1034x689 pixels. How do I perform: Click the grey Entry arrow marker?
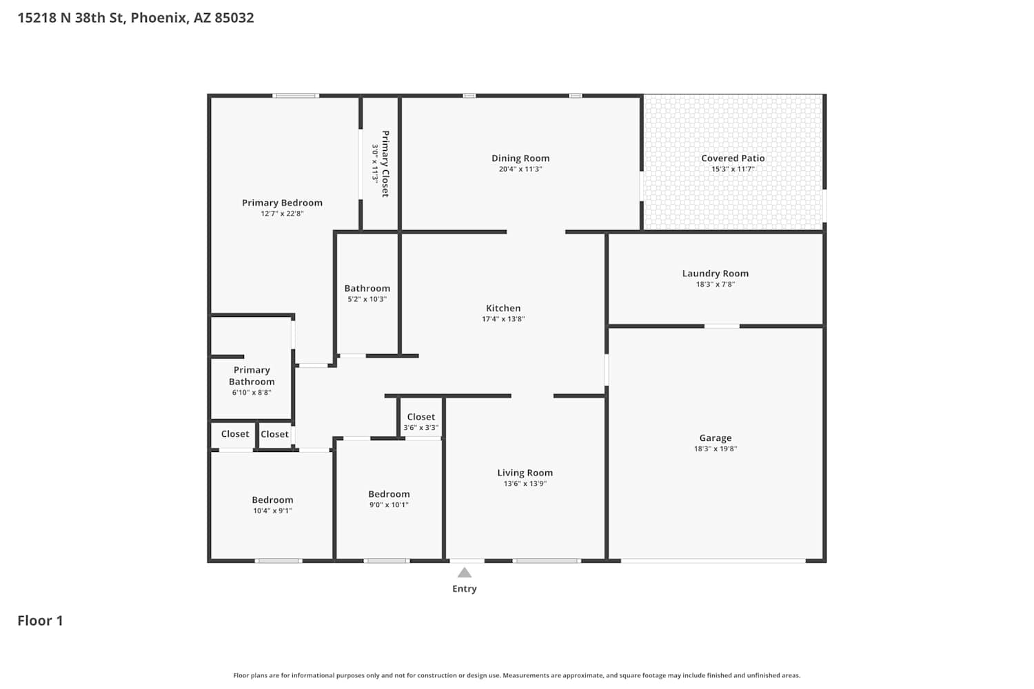click(465, 573)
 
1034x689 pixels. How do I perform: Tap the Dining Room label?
click(520, 158)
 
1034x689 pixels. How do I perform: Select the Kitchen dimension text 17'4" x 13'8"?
click(503, 319)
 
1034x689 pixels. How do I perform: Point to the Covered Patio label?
click(733, 158)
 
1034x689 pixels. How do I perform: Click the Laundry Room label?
click(716, 274)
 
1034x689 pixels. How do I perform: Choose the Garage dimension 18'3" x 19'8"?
click(716, 449)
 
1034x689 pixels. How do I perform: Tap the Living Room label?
click(525, 473)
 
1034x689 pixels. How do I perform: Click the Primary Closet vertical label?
click(385, 164)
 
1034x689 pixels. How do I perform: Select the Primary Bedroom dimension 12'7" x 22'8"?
click(282, 213)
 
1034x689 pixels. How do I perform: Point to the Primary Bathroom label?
click(252, 376)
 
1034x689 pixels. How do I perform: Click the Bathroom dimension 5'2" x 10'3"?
click(367, 299)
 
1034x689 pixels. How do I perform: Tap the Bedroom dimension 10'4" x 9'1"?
click(272, 511)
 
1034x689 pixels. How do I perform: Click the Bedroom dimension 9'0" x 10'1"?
click(389, 504)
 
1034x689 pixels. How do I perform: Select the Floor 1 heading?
click(40, 621)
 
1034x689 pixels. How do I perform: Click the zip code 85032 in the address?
click(234, 17)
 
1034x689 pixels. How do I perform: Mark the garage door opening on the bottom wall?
click(713, 561)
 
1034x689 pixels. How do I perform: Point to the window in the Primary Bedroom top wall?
click(296, 96)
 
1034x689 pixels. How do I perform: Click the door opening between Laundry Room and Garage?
click(722, 327)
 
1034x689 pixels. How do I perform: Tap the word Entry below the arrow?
click(465, 589)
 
